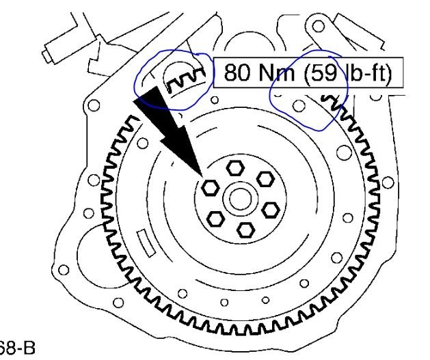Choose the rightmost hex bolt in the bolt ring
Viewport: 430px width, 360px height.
point(271,207)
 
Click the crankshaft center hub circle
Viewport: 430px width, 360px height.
point(239,199)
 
